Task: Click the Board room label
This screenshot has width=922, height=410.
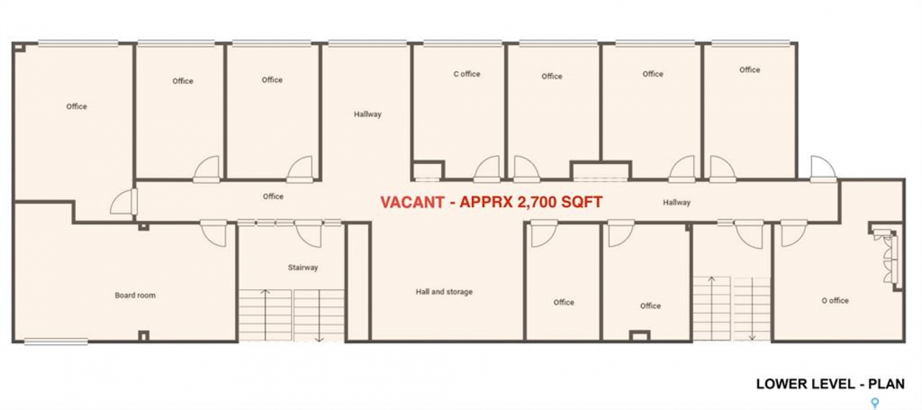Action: coord(135,295)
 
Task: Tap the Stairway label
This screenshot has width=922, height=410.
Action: coord(303,268)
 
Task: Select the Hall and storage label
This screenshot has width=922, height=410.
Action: coord(444,292)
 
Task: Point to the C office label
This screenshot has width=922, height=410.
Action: coord(467,74)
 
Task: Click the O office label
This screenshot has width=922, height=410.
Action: coord(835,301)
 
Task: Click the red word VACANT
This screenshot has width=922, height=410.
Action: coord(413,202)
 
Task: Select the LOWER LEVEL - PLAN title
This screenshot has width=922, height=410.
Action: coord(830,384)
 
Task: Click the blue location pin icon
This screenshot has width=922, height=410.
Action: coord(875,403)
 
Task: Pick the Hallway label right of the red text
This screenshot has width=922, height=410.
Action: coord(677,203)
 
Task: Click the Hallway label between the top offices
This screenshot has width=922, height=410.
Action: coord(368,114)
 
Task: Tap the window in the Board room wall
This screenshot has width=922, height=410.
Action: coord(56,341)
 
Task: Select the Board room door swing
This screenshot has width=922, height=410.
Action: coord(213,233)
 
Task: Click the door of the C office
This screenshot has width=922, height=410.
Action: coord(487,169)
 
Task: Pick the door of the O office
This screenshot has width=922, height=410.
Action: coord(793,233)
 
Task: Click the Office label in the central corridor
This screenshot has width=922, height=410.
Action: coord(273,197)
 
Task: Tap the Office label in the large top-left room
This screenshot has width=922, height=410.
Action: coord(77,106)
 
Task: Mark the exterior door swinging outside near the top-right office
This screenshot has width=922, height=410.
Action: coord(823,169)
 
